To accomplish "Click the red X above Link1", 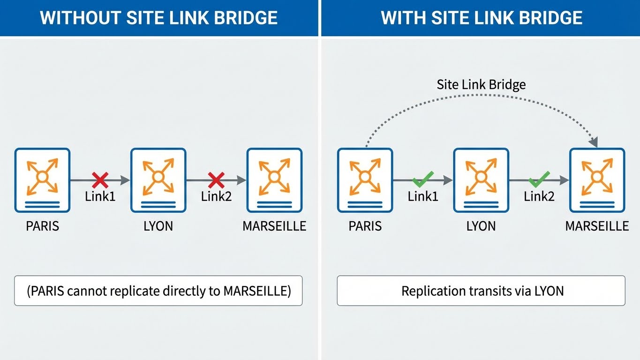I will [100, 180].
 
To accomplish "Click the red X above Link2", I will [216, 180].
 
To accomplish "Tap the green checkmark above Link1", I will [423, 179].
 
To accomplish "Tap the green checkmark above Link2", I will [539, 179].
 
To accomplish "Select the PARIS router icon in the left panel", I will [42, 180].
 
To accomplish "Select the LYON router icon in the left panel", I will [158, 180].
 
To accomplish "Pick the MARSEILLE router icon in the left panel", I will [274, 180].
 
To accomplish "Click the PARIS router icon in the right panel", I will [365, 180].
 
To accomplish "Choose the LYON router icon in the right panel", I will [481, 180].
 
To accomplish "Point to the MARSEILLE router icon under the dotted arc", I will [597, 180].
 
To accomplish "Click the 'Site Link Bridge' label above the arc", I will [481, 85].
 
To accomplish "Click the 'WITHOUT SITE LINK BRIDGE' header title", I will [159, 18].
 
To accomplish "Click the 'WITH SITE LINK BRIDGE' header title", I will [482, 18].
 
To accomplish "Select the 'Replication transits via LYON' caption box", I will [481, 291].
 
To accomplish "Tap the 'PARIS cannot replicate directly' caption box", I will [158, 291].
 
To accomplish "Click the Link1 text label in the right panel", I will [423, 196].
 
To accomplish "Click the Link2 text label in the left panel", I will [216, 196].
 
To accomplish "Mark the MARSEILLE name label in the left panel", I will [274, 226].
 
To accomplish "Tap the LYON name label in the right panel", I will [481, 226].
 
